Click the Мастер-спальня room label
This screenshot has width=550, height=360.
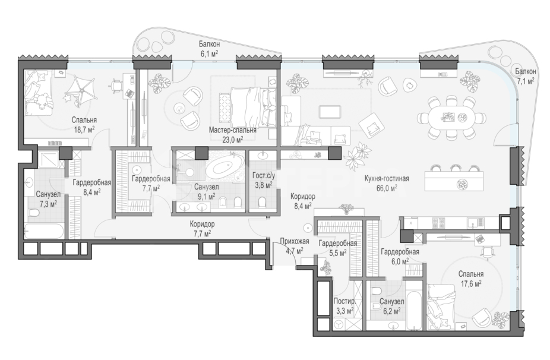click(233, 130)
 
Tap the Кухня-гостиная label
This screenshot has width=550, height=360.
click(387, 179)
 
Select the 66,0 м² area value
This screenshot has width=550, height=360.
click(387, 188)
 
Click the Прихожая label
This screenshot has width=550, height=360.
click(295, 241)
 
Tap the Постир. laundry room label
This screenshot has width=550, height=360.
click(345, 301)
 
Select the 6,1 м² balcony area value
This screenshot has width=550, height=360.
click(209, 53)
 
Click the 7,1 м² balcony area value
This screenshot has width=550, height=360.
click(525, 81)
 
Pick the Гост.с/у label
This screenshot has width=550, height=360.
click(264, 175)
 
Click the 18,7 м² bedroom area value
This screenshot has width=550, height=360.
click(84, 130)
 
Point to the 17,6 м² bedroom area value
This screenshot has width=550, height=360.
click(471, 283)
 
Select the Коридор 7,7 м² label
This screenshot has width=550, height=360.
click(203, 229)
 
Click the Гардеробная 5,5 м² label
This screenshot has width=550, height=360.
click(338, 248)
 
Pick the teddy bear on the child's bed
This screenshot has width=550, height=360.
click(42, 100)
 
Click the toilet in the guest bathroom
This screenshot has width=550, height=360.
click(263, 203)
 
